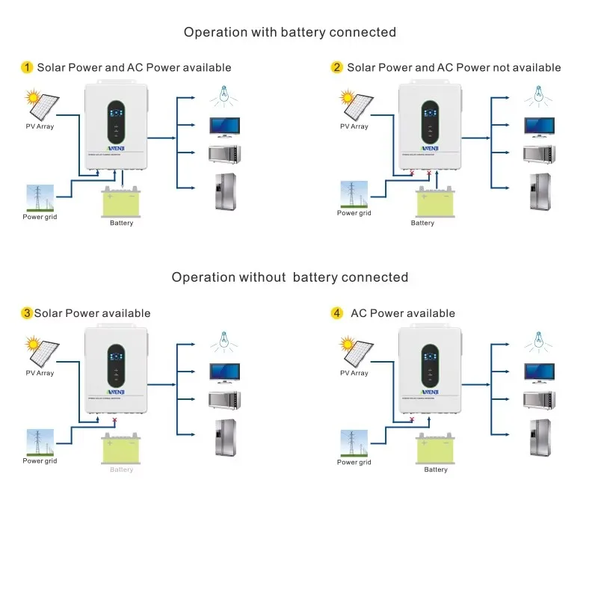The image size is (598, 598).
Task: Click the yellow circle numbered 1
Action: click(27, 67)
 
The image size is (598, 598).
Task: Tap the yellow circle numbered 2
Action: click(337, 67)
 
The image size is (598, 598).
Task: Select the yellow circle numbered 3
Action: click(27, 313)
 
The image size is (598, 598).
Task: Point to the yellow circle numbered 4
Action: click(337, 313)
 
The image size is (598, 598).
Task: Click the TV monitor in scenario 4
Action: click(540, 372)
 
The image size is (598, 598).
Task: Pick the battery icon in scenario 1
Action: click(121, 203)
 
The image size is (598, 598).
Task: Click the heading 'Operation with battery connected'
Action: click(290, 32)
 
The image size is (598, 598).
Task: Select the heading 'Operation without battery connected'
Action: click(290, 277)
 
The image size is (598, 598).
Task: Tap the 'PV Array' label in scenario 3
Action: click(40, 373)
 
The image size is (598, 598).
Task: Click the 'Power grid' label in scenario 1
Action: click(40, 217)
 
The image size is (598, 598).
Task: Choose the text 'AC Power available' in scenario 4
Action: click(403, 313)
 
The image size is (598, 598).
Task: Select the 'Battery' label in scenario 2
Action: click(422, 223)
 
